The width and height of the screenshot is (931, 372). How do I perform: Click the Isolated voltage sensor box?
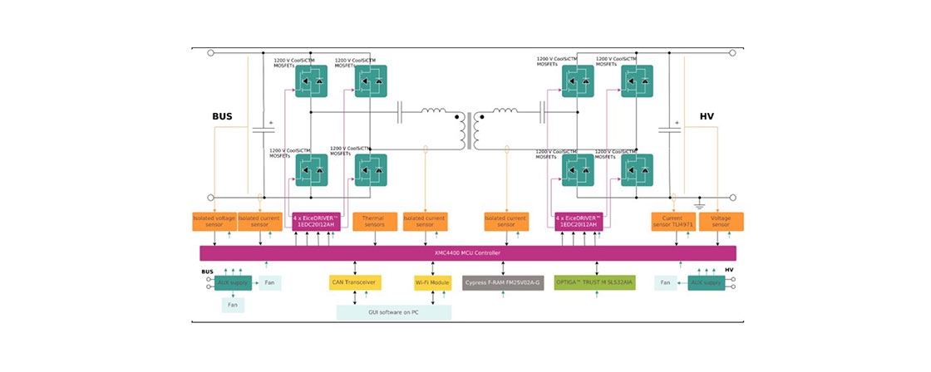[x=214, y=222]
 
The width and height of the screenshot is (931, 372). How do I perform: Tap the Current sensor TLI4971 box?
[x=672, y=222]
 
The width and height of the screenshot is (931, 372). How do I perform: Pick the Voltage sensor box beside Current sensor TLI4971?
[x=721, y=222]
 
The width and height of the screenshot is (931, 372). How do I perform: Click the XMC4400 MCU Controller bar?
[x=467, y=252]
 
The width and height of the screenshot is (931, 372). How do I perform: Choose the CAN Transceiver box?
[x=355, y=283]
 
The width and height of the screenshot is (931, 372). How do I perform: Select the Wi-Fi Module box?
[x=432, y=283]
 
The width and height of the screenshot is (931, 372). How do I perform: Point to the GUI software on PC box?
[x=393, y=312]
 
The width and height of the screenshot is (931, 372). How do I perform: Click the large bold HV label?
[x=707, y=118]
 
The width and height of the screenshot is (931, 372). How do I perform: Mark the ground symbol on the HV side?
[x=699, y=205]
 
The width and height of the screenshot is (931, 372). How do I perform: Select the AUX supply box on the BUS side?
[x=234, y=283]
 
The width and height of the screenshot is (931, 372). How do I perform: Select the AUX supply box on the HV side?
[x=706, y=283]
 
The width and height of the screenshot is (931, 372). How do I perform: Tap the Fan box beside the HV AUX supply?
[x=665, y=283]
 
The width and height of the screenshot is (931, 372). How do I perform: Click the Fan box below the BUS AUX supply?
[x=233, y=305]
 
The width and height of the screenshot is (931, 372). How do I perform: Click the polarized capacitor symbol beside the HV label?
[x=670, y=130]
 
